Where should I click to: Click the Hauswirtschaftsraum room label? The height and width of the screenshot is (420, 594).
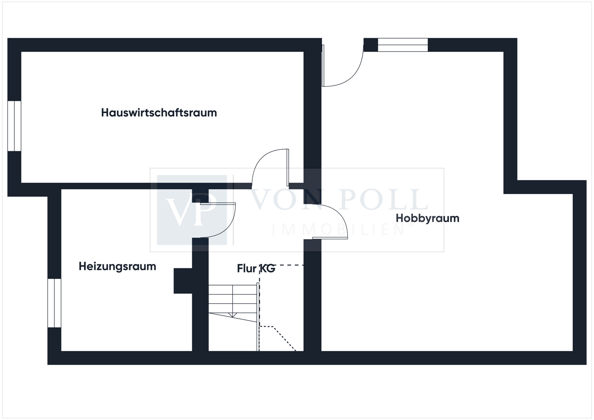pos(159,113)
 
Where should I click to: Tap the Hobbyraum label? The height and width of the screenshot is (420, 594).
pos(427,219)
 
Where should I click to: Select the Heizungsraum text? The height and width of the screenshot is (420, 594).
pos(118,267)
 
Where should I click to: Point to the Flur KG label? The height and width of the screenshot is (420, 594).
pos(256,268)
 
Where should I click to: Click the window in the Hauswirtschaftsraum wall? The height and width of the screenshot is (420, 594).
pos(14,126)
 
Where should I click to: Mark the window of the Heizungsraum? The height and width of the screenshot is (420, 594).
pos(54,303)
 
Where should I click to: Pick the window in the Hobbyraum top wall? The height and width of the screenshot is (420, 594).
pos(403,45)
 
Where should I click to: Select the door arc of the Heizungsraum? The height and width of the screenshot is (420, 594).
pos(228,228)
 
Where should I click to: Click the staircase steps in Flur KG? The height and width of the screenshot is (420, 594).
pos(233,302)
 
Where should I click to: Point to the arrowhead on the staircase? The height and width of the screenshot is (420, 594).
pos(232,315)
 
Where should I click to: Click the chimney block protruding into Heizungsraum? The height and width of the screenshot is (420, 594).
pos(183,281)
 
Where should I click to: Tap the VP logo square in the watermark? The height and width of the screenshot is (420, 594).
pos(192,210)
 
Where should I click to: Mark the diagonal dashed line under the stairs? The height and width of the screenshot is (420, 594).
pos(285,338)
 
